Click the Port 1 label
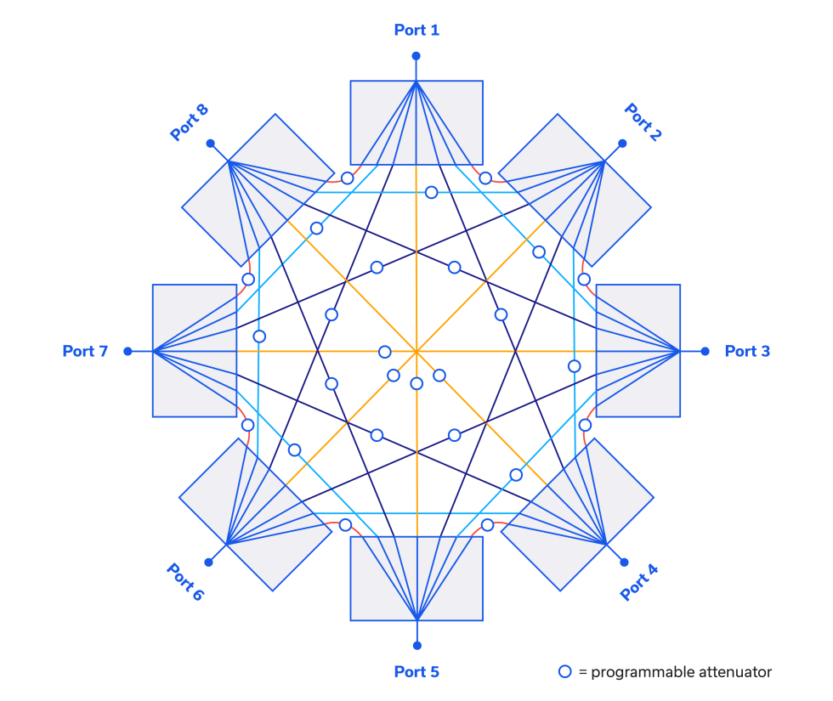[416, 31]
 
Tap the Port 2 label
[643, 122]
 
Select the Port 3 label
[747, 351]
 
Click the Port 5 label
[416, 672]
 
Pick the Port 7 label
[85, 351]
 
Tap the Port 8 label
[190, 122]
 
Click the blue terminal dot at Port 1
[416, 56]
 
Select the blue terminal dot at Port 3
[705, 351]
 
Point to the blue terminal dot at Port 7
[127, 351]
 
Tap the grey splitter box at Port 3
[637, 351]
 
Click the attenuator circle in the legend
[564, 672]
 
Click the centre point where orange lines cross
[416, 350]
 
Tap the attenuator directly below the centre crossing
[416, 384]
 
